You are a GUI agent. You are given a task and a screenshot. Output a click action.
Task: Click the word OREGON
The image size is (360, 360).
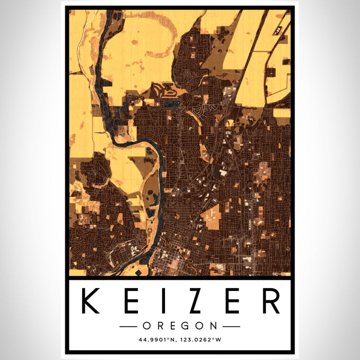click(x=180, y=326)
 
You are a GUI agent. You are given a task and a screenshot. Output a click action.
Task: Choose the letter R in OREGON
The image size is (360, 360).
click(x=159, y=326)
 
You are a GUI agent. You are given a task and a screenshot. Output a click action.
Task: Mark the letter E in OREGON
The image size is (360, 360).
click(x=174, y=326)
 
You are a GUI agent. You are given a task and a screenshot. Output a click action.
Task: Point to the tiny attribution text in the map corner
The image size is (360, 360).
click(x=281, y=274)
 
